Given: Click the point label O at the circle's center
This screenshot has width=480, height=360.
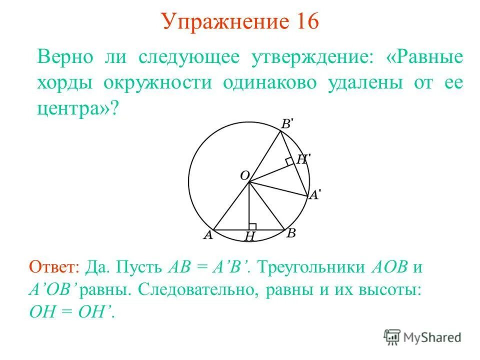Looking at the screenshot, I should [x=244, y=175].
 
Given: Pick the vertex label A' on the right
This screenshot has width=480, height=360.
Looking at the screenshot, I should [x=314, y=195].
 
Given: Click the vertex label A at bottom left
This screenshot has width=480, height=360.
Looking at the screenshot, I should [x=208, y=235].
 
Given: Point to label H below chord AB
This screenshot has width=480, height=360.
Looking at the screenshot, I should [x=249, y=237].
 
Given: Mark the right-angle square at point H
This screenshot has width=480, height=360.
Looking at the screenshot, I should [x=252, y=226].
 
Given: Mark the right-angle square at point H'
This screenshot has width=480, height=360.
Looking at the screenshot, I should [x=289, y=161].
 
